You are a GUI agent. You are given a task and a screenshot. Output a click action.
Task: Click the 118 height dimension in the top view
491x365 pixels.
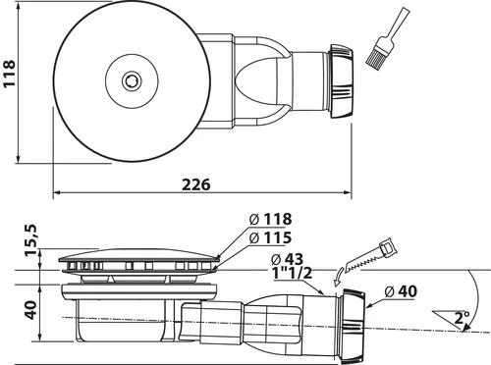pos(11,81)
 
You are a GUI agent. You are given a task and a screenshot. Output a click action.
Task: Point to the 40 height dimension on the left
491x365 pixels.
pos(30,311)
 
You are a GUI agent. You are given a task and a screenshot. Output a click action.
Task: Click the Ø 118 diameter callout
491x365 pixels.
pos(271,219)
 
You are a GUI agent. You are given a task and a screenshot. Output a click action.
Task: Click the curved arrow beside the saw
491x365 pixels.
pos(340,271)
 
